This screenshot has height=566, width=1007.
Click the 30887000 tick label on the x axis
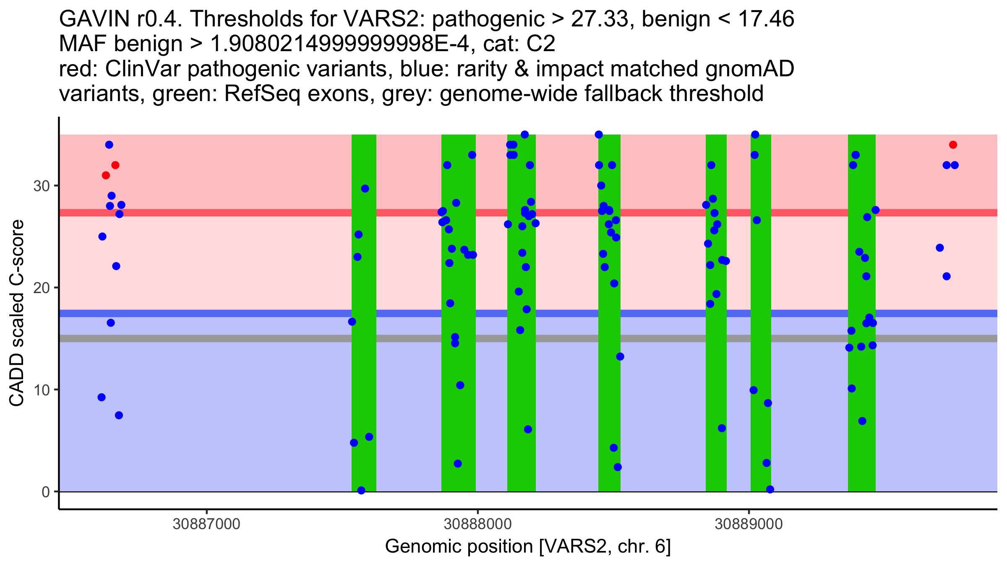(206, 524)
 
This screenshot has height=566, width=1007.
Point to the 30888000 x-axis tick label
(477, 524)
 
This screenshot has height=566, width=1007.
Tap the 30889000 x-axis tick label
(749, 524)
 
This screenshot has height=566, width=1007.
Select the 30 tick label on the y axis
(42, 186)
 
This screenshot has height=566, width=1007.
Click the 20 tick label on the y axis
(42, 288)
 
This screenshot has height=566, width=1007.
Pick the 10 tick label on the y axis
(42, 390)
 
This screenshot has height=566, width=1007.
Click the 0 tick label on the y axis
(46, 492)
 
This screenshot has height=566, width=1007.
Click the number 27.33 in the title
(599, 19)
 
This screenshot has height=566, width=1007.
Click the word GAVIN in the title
(95, 19)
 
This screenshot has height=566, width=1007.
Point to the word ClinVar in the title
(142, 69)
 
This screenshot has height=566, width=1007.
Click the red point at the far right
(953, 145)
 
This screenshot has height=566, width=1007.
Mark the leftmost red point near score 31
(106, 175)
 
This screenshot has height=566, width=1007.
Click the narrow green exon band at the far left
(364, 293)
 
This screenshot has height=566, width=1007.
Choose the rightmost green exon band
(861, 293)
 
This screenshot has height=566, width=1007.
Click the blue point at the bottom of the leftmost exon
(361, 491)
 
